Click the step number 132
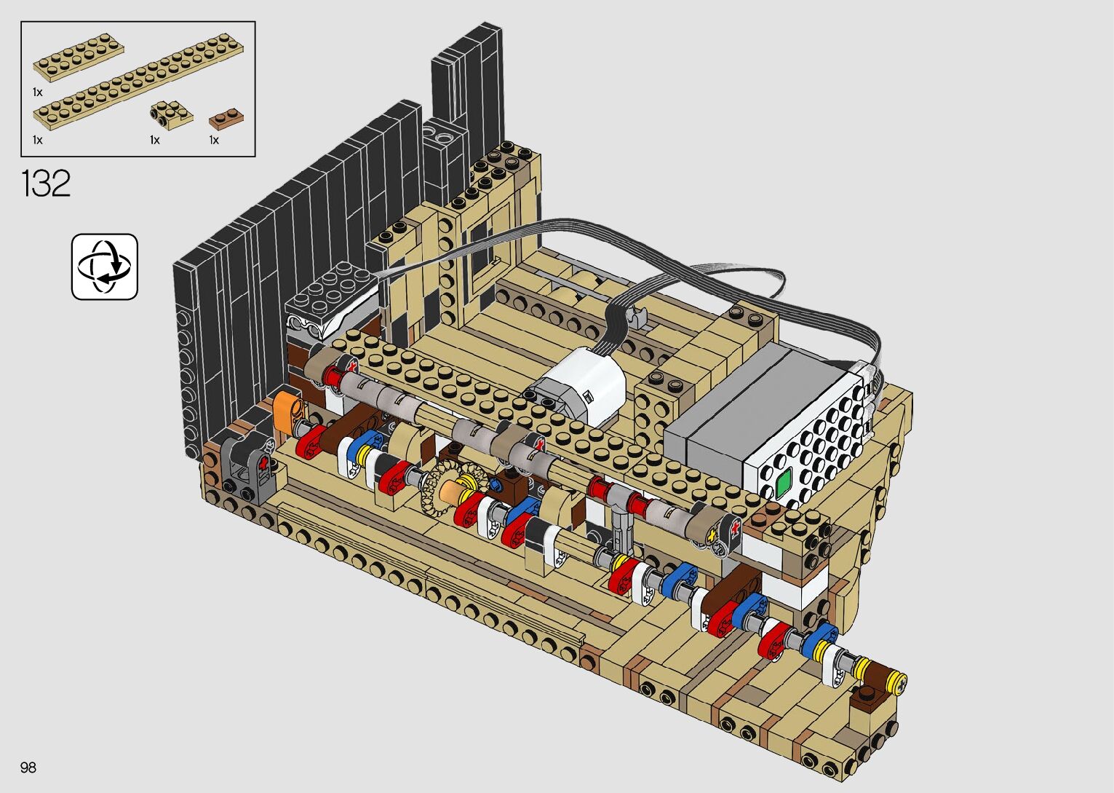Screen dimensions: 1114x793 (x=46, y=184)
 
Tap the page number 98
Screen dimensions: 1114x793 (x=28, y=767)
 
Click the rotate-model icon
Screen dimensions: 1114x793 (x=105, y=267)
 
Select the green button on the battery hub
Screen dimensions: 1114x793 (x=783, y=482)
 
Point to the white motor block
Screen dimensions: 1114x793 (x=582, y=383)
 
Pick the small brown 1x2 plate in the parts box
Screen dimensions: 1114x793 (x=226, y=119)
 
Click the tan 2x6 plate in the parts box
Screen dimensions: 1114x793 (x=79, y=58)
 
